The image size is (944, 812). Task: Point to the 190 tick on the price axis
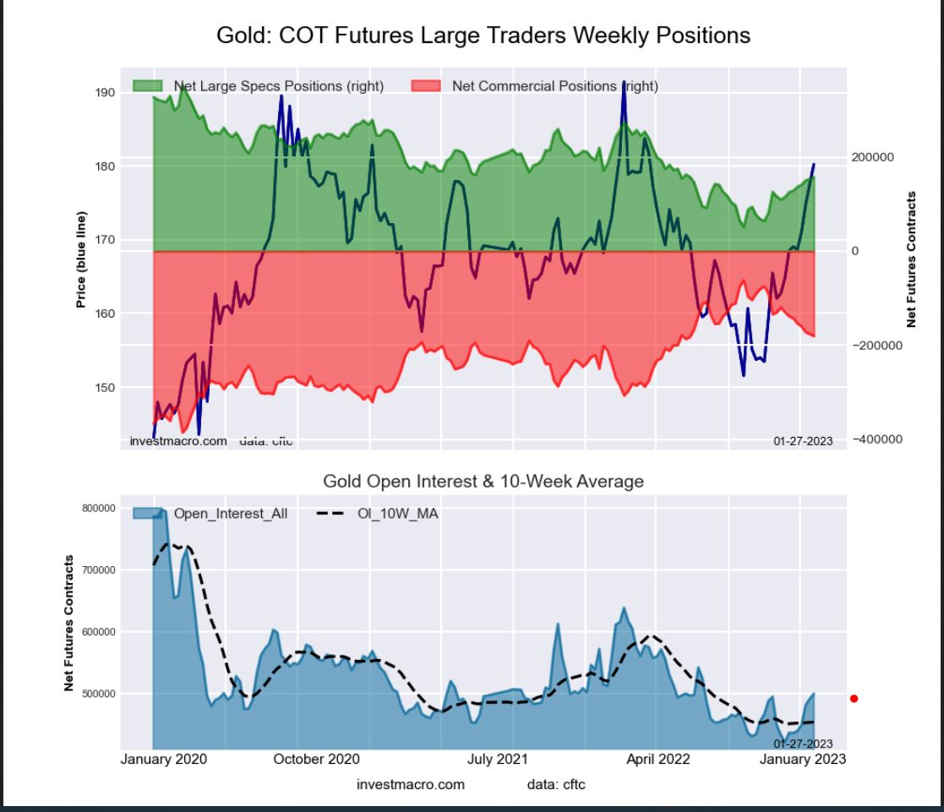tap(105, 92)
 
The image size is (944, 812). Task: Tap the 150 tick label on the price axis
tap(105, 388)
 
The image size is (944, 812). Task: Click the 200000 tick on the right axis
tap(873, 158)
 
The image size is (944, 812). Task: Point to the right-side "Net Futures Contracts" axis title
tap(912, 259)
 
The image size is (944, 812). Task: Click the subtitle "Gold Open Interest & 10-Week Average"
tap(483, 482)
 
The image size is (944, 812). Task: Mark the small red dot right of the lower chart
tap(854, 699)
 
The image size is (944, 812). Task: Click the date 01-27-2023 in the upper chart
tap(804, 441)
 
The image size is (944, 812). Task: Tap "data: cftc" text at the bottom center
tap(555, 785)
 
